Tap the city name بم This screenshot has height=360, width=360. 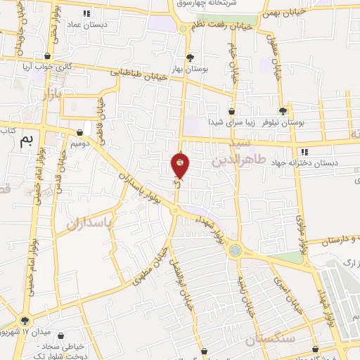27,139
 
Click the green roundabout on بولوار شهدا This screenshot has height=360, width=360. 235,250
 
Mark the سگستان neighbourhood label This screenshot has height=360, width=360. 266,340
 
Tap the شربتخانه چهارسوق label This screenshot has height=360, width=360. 207,4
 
